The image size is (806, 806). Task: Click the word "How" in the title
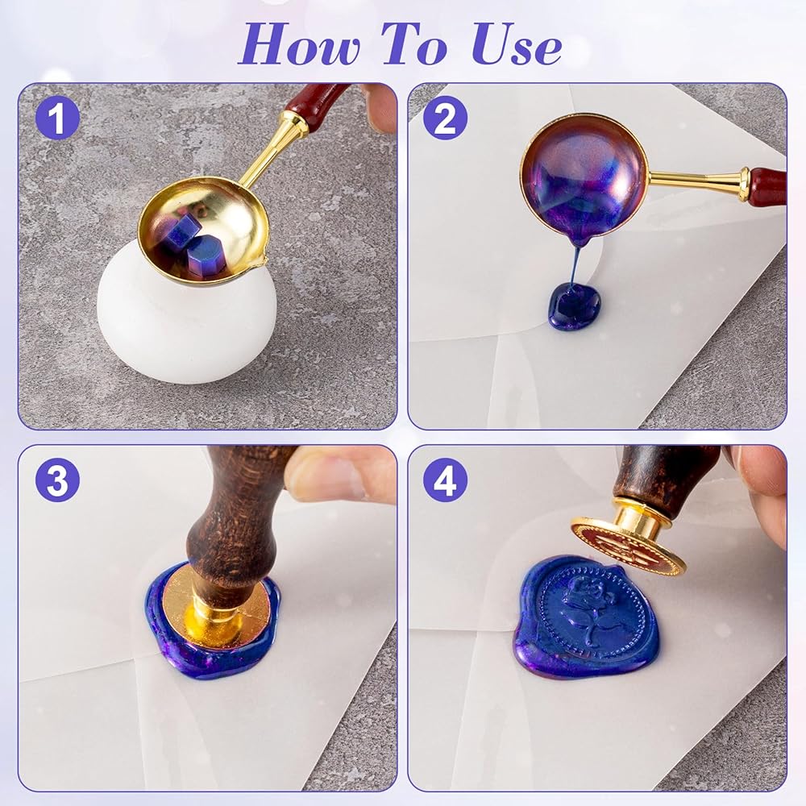(298, 44)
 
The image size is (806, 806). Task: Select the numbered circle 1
(57, 118)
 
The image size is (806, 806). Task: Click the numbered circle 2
(445, 118)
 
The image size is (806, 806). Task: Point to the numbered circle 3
(57, 480)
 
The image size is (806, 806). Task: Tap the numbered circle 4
(445, 480)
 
